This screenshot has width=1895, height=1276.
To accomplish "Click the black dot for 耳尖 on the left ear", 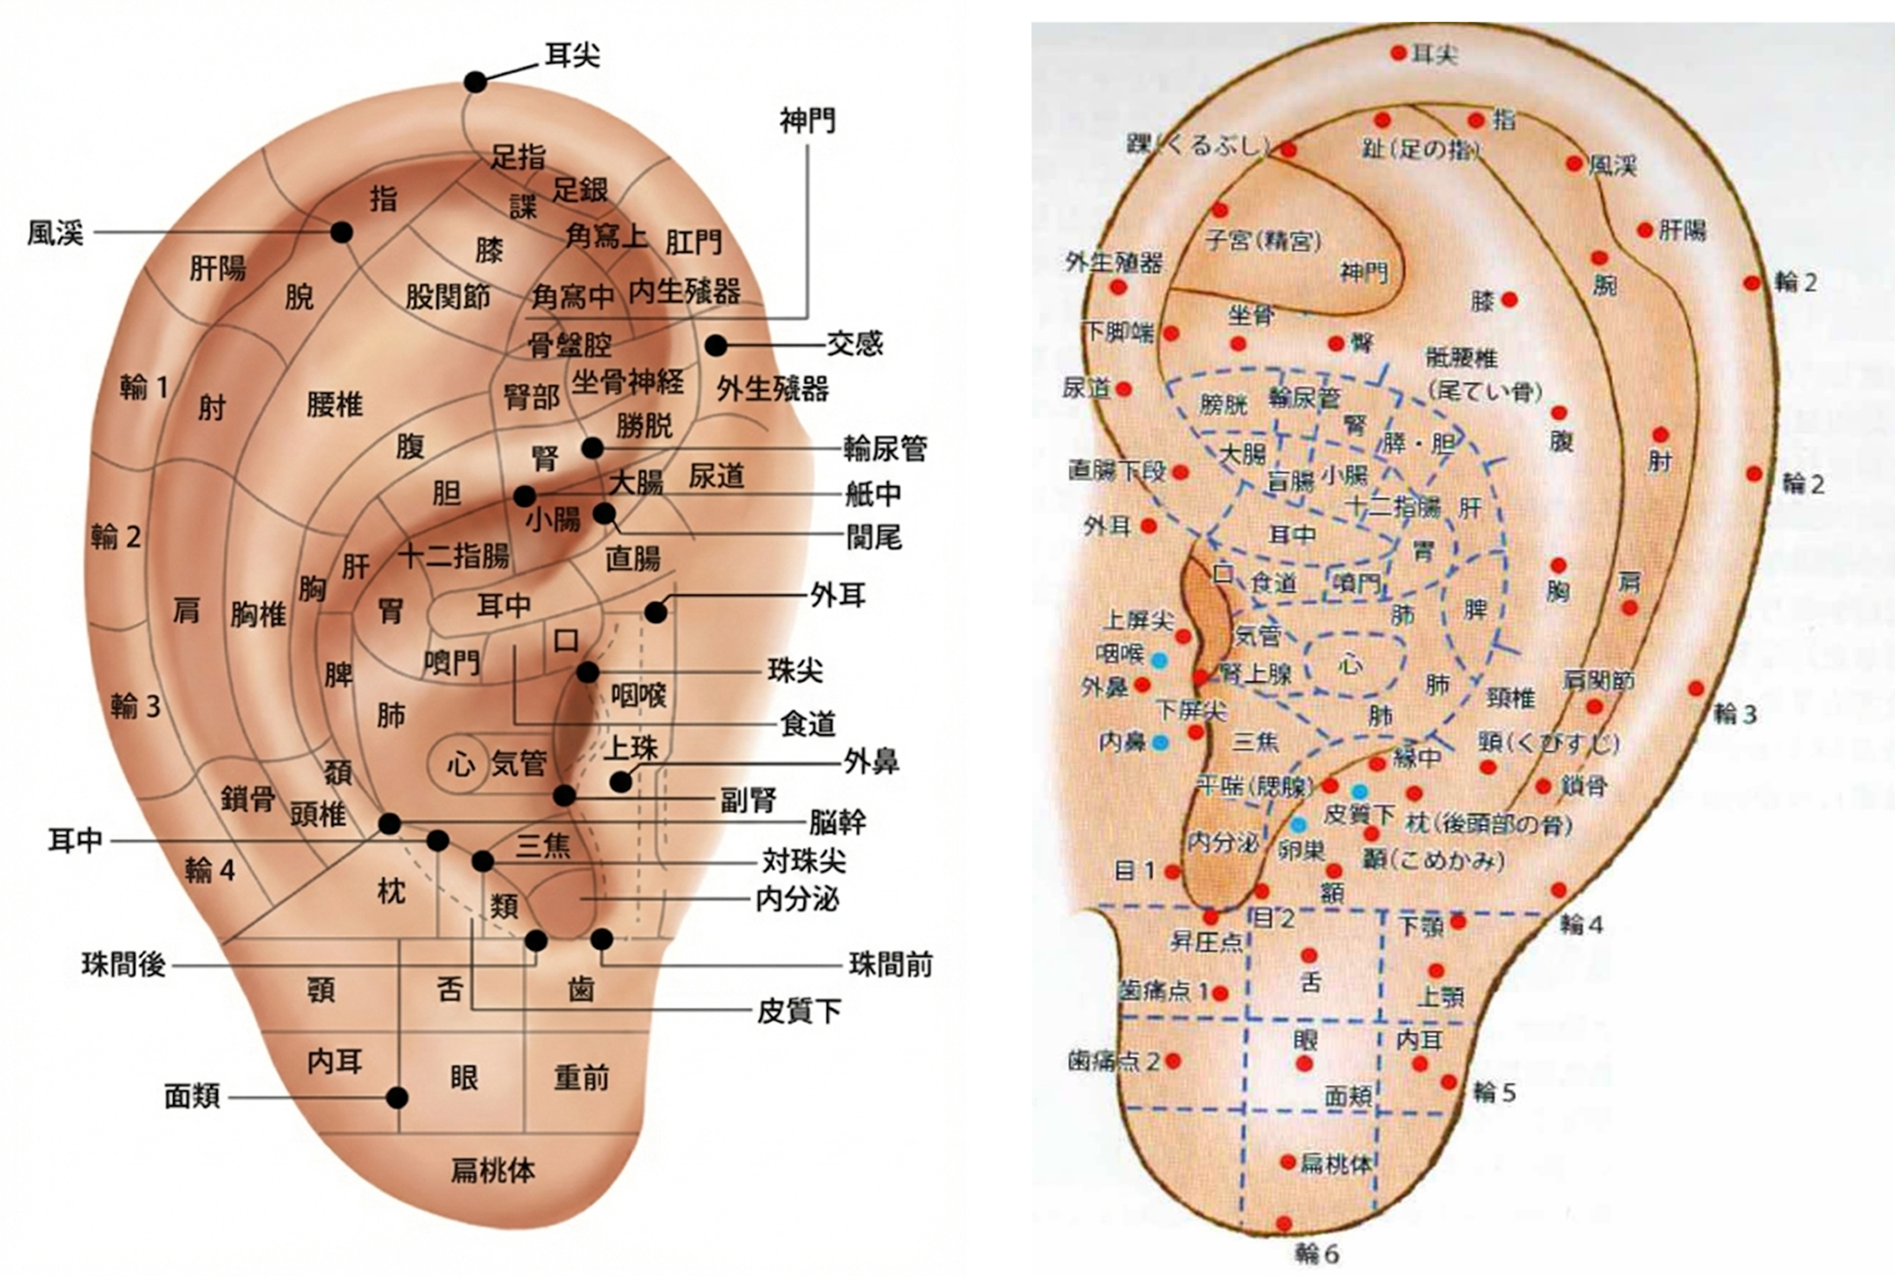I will point(476,81).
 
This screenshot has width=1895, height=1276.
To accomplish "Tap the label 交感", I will point(855,344).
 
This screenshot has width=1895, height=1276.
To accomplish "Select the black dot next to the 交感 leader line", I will point(716,345).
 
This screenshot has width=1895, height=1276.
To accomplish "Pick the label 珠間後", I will point(124,965).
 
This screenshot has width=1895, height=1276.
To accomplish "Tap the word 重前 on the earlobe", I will point(581,1078).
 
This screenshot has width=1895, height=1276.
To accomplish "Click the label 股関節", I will point(448,298).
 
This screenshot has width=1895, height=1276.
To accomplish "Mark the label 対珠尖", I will point(804,861).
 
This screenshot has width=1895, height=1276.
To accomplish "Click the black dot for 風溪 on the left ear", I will point(342,233).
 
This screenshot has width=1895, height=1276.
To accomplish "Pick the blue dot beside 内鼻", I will point(1160,742).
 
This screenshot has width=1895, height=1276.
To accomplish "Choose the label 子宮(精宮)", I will point(1263,241).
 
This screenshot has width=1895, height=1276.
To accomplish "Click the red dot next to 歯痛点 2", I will point(1173,1061).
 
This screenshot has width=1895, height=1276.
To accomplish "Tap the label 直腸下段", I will point(1116,470).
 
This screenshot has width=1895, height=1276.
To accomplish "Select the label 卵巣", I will point(1300,850).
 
